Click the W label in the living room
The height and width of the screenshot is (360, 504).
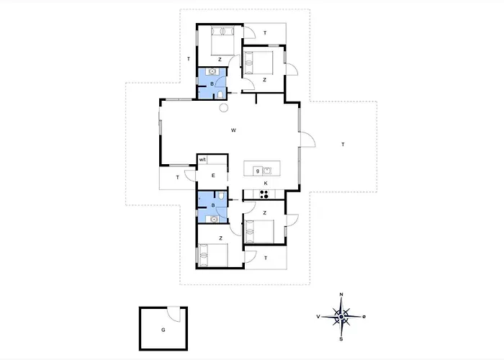(234, 130)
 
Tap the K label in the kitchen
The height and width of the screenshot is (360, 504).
(266, 183)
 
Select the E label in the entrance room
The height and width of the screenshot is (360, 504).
(213, 176)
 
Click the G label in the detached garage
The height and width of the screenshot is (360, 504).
(163, 330)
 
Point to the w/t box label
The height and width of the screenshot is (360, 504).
(202, 160)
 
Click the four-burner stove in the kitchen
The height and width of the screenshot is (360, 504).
(264, 194)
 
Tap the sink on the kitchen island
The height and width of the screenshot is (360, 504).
(267, 171)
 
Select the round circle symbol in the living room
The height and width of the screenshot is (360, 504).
(224, 108)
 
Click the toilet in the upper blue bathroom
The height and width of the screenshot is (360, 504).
(220, 94)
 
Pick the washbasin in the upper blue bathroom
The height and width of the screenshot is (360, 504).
(212, 71)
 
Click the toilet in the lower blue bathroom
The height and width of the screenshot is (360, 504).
(221, 195)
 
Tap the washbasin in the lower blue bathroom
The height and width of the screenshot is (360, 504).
(213, 219)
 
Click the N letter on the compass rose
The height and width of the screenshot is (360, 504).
(341, 294)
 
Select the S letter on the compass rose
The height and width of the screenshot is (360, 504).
(341, 339)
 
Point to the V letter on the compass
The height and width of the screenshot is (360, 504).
(318, 317)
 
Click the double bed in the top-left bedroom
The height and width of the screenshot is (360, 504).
(223, 41)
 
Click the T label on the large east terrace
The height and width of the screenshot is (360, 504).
(343, 145)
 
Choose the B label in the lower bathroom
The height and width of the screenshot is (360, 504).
(213, 205)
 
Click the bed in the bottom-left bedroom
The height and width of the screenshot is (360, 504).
(213, 255)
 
